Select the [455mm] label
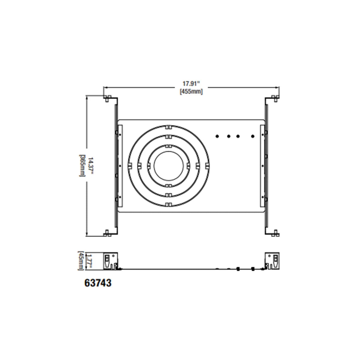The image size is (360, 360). pos(191,92)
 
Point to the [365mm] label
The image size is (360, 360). pos(82,166)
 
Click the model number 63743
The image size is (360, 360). pos(98,283)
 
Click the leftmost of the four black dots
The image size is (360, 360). pos(217,136)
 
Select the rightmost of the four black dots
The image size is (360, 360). pos(253,136)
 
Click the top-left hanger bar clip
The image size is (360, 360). pos(108,98)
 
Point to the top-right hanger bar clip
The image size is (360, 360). pos(274,98)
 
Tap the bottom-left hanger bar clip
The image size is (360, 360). pos(108,233)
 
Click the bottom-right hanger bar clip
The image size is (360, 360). pos(274,233)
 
